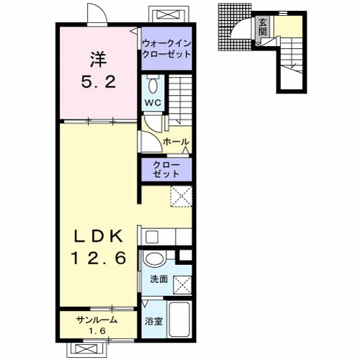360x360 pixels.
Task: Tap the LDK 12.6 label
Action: [x=99, y=247]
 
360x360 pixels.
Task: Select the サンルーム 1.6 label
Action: [x=97, y=325]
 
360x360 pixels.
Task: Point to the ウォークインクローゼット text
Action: [x=166, y=49]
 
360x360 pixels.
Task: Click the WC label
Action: [x=153, y=103]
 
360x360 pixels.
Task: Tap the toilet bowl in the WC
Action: [x=153, y=86]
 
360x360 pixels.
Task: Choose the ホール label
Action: [x=176, y=142]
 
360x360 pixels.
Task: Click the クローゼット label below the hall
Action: [x=166, y=170]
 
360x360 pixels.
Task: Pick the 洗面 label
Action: [x=159, y=279]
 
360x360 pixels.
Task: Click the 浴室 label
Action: [x=154, y=321]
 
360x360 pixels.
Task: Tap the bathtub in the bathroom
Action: [x=179, y=320]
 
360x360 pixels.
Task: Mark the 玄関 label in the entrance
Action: [x=263, y=27]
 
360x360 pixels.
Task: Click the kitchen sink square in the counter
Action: [x=152, y=237]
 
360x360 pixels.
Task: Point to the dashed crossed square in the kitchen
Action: [x=181, y=196]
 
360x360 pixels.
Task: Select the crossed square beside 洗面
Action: [x=183, y=285]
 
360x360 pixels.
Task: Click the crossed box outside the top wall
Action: [x=168, y=14]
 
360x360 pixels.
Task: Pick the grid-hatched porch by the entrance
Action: [x=234, y=27]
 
